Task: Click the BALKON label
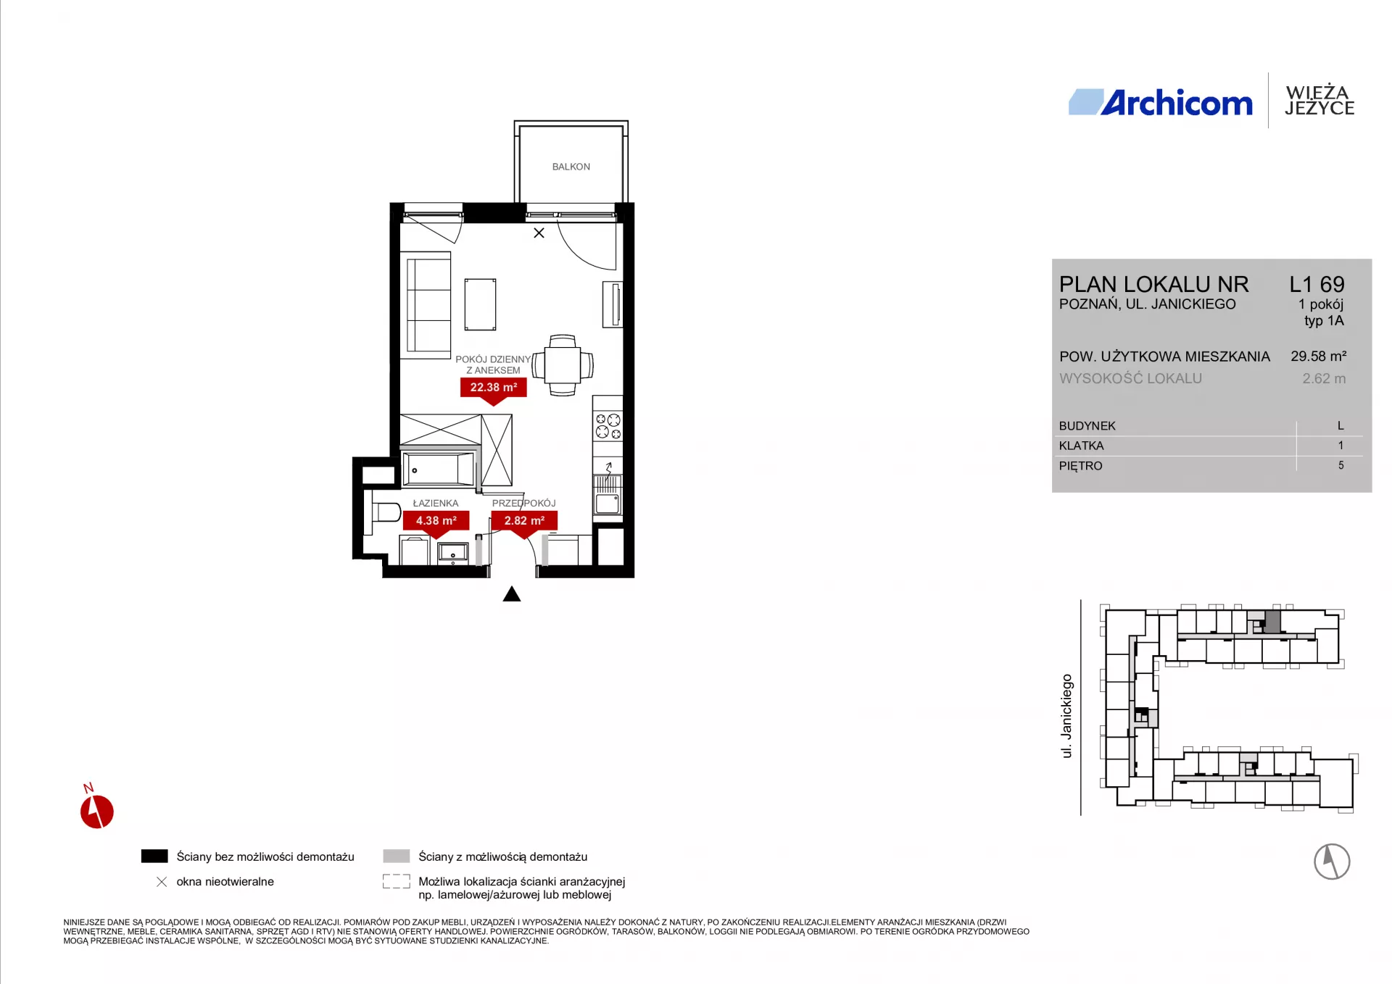click(571, 167)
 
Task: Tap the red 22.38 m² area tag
click(494, 388)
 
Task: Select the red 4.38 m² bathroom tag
click(436, 522)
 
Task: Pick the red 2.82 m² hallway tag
click(524, 522)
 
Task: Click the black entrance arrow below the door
click(512, 595)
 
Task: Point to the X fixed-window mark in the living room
click(539, 233)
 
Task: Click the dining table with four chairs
click(563, 365)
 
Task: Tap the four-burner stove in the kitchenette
click(608, 426)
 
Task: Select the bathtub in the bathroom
click(439, 469)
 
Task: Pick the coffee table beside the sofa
click(481, 304)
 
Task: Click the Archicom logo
click(1161, 103)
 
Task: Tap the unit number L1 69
click(1317, 284)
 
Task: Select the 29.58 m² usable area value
click(1318, 356)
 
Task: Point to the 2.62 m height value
click(1324, 378)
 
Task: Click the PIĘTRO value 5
click(1341, 465)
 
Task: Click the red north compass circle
click(97, 812)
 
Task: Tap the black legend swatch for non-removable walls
click(154, 856)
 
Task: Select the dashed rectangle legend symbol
click(397, 881)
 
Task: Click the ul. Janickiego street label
click(1066, 716)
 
